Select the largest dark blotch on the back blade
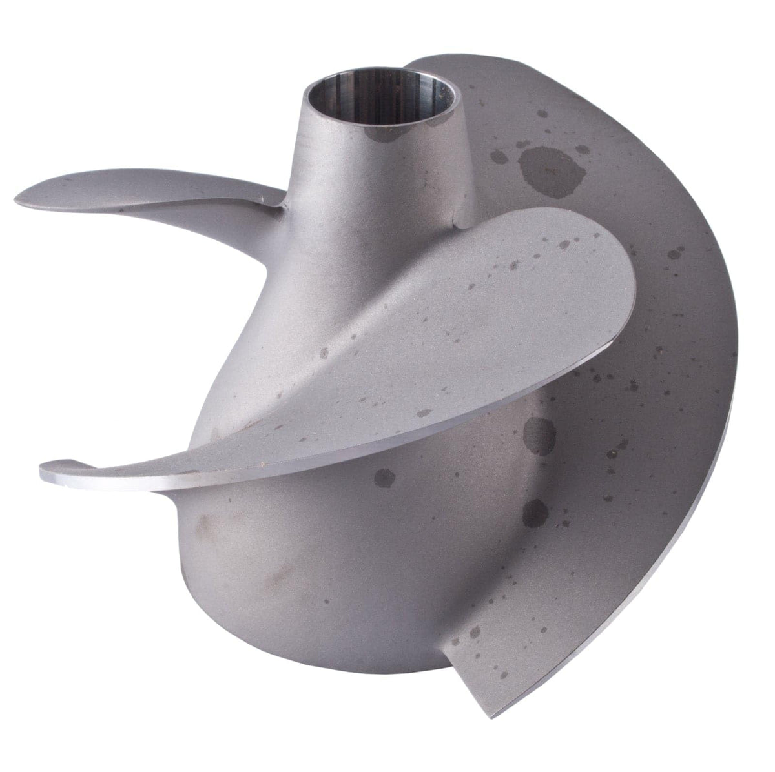pyautogui.click(x=539, y=164)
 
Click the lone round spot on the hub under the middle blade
pyautogui.click(x=384, y=477)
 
